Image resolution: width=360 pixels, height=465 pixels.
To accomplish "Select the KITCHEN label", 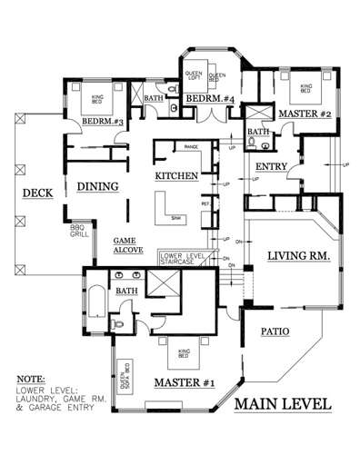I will point(176,175).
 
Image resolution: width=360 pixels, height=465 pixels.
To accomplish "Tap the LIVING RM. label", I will point(296,258).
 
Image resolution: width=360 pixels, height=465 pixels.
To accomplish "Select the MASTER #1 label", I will point(184,382).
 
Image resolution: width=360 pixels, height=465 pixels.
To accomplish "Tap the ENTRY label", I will point(272,166).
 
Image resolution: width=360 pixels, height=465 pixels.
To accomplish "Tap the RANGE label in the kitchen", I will point(192,145).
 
